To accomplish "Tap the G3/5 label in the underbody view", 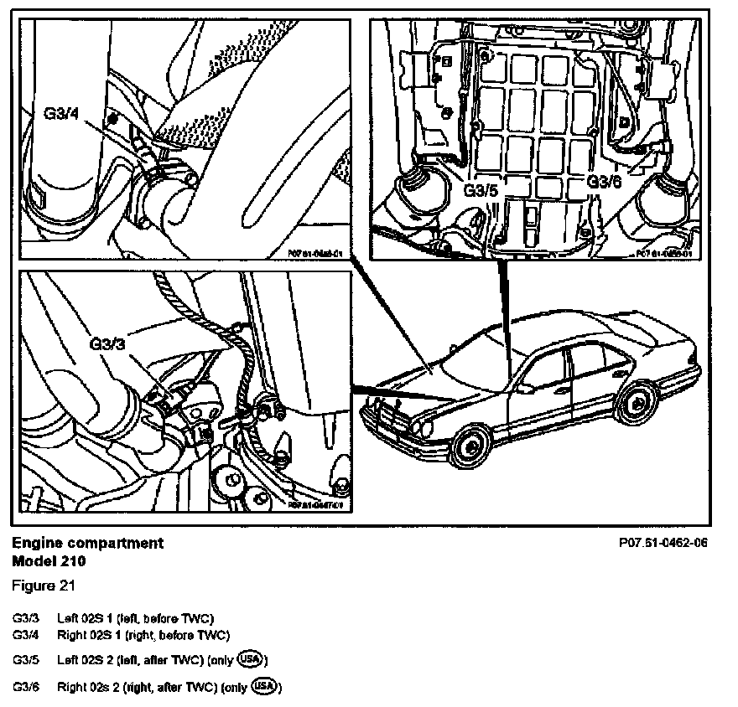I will pyautogui.click(x=481, y=191).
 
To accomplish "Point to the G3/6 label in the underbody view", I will pyautogui.click(x=604, y=181).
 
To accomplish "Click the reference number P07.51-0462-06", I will pyautogui.click(x=662, y=543).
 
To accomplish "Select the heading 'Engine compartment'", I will pyautogui.click(x=88, y=543).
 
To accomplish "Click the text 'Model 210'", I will pyautogui.click(x=49, y=560).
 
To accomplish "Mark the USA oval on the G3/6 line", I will pyautogui.click(x=264, y=687).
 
